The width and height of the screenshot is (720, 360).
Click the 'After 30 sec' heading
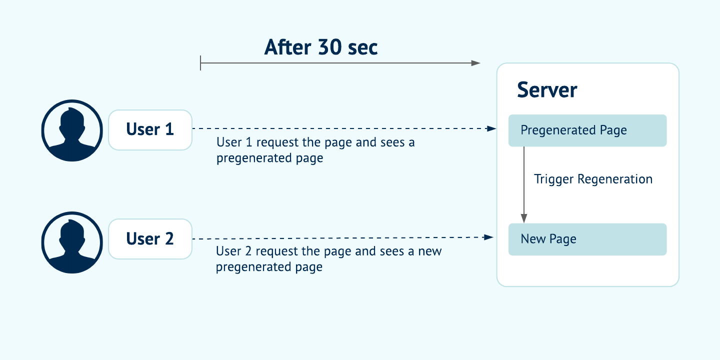coord(321,47)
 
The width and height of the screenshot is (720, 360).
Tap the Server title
coord(547,90)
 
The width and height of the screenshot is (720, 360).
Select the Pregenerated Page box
coord(587,130)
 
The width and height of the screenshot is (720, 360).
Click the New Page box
coord(587,239)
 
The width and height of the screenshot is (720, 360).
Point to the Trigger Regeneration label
coord(593,179)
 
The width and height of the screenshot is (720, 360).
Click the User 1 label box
coord(150,129)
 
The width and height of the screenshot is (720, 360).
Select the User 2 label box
coord(150,238)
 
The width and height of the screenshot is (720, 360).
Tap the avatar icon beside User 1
coord(72,130)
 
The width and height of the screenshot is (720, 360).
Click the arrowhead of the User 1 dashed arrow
coord(491,128)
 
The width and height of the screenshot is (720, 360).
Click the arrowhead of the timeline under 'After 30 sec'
coord(476,63)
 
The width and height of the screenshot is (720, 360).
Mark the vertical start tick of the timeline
coord(200,63)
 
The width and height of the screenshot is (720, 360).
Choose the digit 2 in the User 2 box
coord(168,238)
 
